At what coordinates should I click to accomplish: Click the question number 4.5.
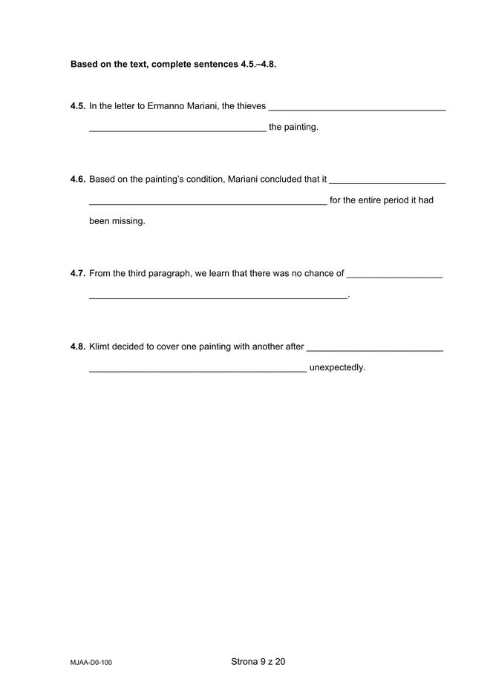pos(78,106)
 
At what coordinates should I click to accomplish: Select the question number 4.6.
pos(78,180)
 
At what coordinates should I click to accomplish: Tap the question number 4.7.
pos(78,273)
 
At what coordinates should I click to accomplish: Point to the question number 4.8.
pos(78,347)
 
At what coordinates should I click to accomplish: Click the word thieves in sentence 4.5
pos(250,106)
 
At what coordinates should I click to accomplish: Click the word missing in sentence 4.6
pos(128,221)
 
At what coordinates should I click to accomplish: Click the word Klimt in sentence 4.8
pos(100,347)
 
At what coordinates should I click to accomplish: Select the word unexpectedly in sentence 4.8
pos(337,367)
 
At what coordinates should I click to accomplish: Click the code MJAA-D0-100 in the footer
pos(91,662)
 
